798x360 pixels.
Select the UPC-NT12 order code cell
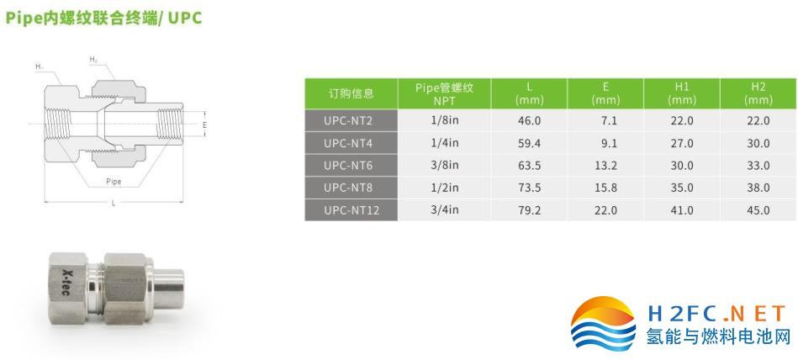[351, 209]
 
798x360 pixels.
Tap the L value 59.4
[529, 144]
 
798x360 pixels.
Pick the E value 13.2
[605, 166]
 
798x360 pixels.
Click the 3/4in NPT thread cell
[444, 209]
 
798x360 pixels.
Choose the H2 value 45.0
[758, 209]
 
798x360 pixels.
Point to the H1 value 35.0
[681, 188]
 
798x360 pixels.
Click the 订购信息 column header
[351, 93]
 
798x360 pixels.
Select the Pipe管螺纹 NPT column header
[444, 93]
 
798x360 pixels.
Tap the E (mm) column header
[605, 93]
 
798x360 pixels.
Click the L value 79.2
[529, 209]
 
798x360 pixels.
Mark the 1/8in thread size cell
[444, 120]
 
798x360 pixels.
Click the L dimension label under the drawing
[114, 204]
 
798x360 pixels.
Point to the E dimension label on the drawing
[204, 124]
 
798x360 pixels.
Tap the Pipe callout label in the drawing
[114, 182]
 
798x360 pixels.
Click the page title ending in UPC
[103, 18]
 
